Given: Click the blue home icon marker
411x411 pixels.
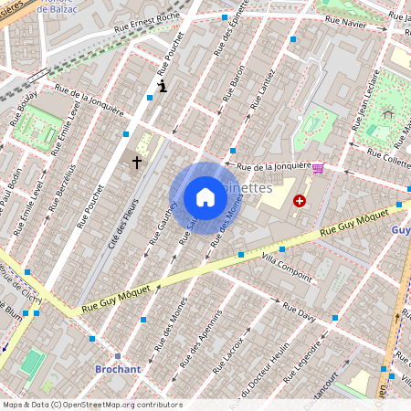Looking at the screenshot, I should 205,197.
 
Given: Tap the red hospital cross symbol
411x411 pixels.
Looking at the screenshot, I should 299,200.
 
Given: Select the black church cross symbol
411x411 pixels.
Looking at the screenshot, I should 137,163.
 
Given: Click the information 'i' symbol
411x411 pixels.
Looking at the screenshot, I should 162,87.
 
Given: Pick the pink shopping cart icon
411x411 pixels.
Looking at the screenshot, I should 317,169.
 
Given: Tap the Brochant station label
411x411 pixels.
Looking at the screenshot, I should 118,369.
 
